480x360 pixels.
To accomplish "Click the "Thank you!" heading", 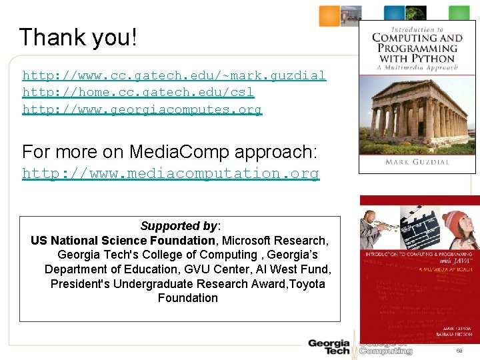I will pos(78,37).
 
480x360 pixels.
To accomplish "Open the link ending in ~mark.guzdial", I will pos(174,75).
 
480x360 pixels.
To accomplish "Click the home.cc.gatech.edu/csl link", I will pos(138,92).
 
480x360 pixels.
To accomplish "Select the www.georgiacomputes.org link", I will pos(142,109).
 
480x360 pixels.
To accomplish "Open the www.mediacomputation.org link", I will pos(171,173).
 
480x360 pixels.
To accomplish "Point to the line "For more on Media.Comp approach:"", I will pos(169,151).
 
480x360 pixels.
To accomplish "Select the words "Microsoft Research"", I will pos(275,240).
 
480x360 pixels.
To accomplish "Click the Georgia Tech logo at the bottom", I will pos(329,347).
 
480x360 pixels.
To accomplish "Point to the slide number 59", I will pos(459,351).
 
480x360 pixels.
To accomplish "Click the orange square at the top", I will pos(329,15).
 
